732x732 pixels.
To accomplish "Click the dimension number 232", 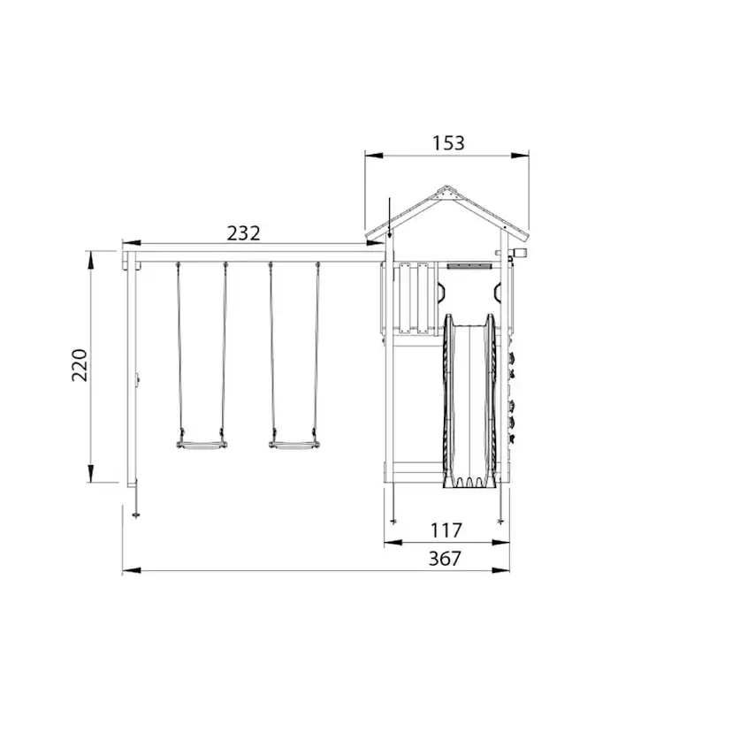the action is [x=243, y=233].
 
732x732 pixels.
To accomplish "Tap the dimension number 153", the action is [x=448, y=143].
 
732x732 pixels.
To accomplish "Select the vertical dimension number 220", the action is [x=80, y=365].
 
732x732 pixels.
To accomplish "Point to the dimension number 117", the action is [x=446, y=530].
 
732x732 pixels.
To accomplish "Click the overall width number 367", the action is [x=445, y=559].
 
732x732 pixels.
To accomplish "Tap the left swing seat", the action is [x=202, y=445].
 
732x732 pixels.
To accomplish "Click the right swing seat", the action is [x=294, y=445].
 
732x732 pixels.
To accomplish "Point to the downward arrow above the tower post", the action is [x=390, y=218].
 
